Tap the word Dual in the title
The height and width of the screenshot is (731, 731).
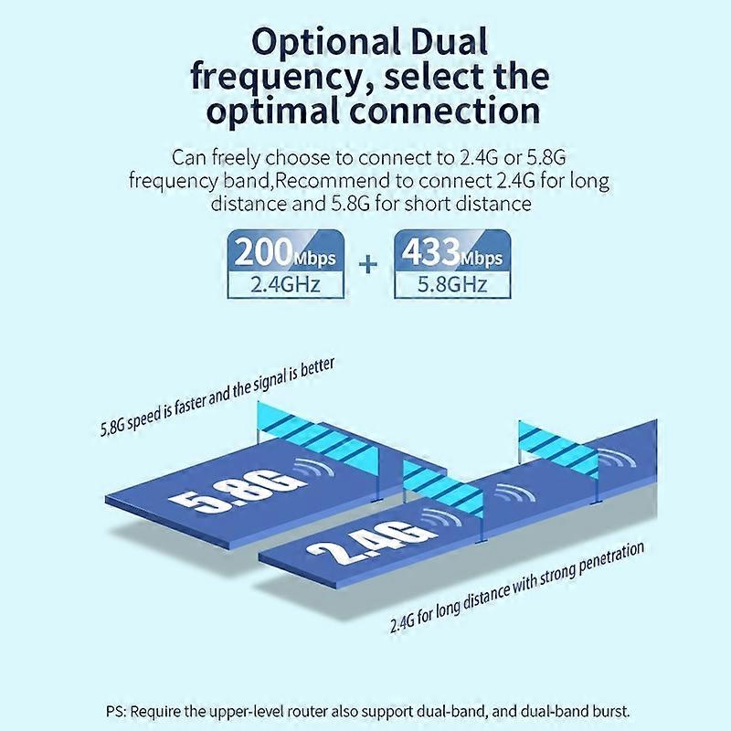point(450,41)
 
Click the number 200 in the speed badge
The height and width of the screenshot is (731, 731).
point(264,253)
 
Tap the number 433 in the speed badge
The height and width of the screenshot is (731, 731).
point(430,253)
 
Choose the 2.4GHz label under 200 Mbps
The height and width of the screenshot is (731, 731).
point(285,284)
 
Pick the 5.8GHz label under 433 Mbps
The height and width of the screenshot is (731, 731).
point(452,284)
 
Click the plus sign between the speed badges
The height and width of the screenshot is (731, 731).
point(368,265)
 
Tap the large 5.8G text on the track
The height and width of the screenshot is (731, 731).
point(238,492)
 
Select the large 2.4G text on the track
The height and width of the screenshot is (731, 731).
point(368,541)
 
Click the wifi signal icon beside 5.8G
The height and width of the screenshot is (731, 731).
point(313,468)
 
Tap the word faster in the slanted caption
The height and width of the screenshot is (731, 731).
point(191,404)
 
